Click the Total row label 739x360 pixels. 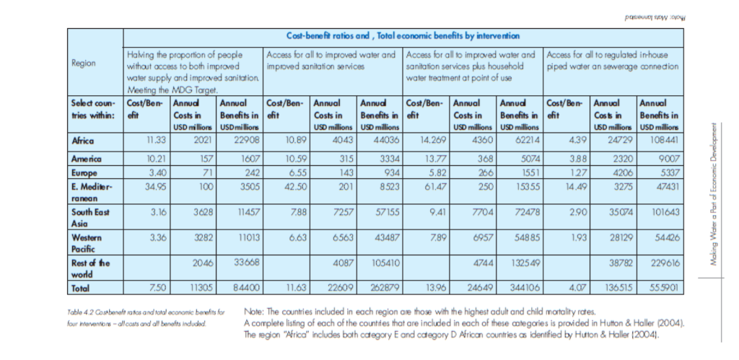click(x=81, y=287)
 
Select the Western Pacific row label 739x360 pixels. click(x=87, y=242)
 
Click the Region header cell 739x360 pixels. click(x=84, y=63)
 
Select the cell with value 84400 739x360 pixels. click(x=245, y=287)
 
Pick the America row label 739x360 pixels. click(x=86, y=158)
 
